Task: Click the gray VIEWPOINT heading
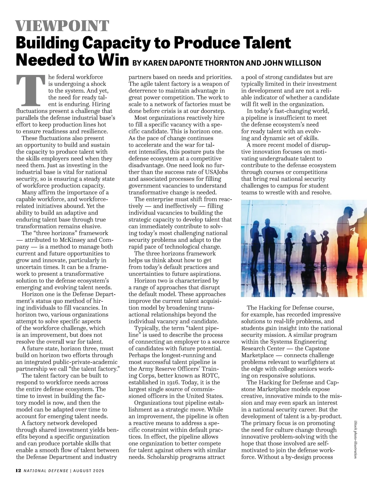click(62, 26)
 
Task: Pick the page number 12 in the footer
click(18, 470)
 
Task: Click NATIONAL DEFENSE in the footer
click(46, 471)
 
